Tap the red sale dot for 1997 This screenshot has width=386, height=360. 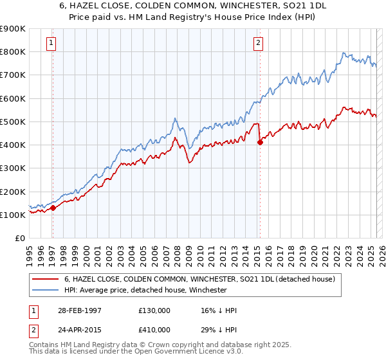point(53,208)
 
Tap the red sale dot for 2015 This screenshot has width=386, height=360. point(260,143)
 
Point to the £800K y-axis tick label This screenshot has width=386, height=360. point(13,51)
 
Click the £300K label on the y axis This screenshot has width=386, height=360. point(13,168)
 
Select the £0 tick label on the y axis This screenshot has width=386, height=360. point(20,239)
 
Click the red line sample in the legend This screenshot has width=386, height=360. point(45,280)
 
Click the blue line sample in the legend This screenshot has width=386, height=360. point(45,290)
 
